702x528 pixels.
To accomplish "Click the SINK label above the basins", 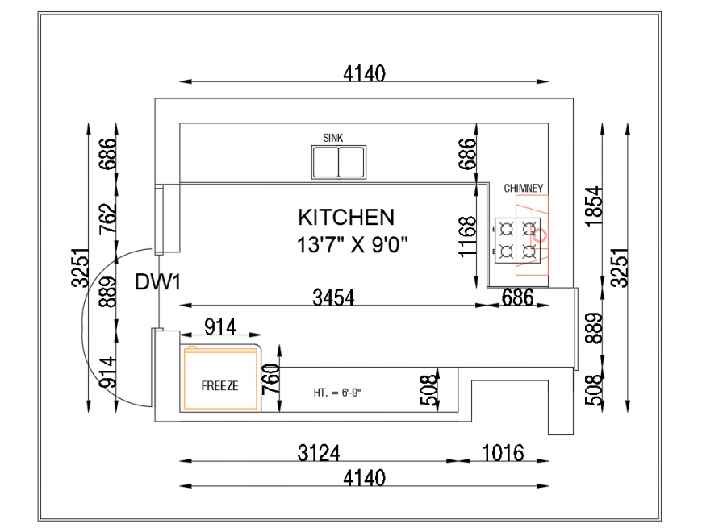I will (332, 138).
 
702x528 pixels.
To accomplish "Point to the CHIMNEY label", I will (524, 189).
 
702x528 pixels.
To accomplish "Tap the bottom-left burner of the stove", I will (507, 252).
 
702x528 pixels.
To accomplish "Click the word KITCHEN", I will (346, 217).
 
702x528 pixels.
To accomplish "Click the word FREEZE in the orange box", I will (219, 386).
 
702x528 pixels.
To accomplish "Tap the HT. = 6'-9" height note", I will (336, 393).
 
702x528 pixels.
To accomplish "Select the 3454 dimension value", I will (333, 297).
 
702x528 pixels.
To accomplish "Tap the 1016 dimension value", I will (504, 451).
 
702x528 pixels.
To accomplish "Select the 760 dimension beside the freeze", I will (271, 380).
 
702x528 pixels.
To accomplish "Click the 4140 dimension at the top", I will (364, 73).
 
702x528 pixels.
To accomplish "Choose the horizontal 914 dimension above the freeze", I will (219, 326).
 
